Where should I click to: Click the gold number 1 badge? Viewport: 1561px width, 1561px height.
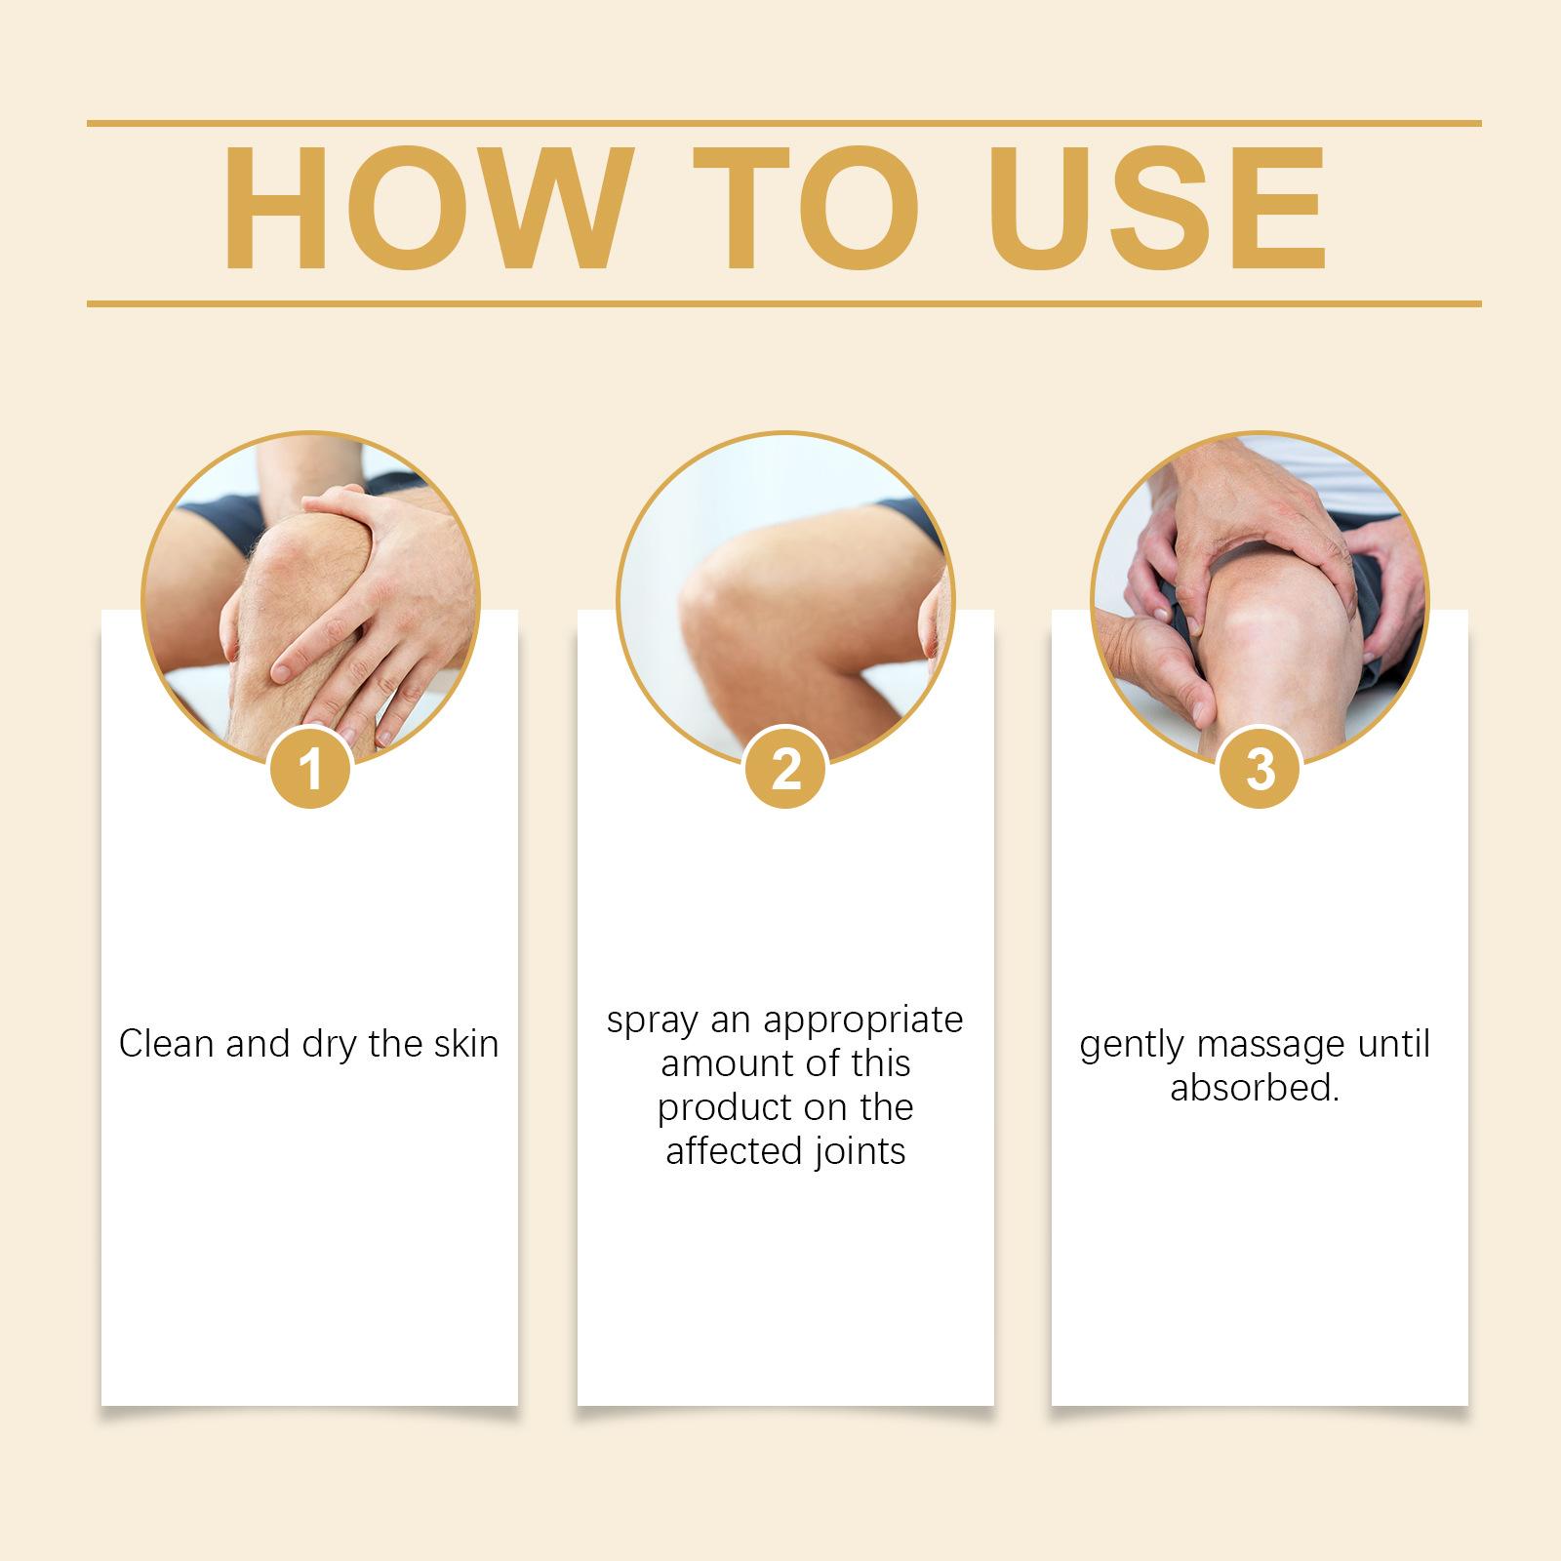[311, 770]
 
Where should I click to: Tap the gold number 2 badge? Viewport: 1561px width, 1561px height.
[785, 770]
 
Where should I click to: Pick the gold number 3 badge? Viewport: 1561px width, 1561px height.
[1261, 770]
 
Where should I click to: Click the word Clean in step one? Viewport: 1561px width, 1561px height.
[167, 1044]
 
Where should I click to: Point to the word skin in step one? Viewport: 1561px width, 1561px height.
[463, 1044]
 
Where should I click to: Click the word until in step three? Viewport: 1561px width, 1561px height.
[1381, 1045]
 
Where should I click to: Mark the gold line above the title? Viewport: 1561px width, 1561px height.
[784, 124]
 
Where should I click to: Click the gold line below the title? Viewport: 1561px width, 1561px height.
[784, 303]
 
